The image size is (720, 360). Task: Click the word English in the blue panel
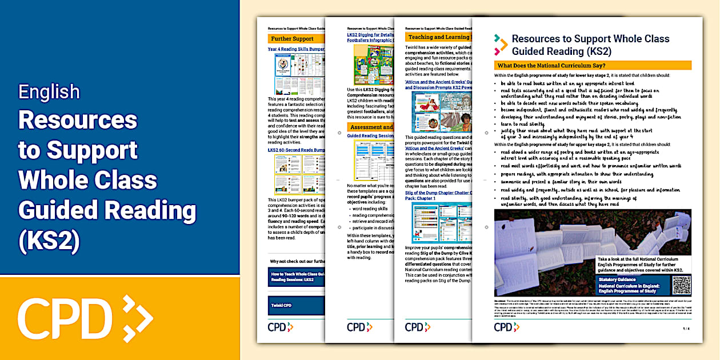tap(49, 91)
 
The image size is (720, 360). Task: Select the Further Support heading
tap(293, 38)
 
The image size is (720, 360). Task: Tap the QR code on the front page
tap(681, 285)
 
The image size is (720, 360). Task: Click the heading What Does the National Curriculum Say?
tap(554, 65)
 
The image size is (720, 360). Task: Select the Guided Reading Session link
tap(370, 135)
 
